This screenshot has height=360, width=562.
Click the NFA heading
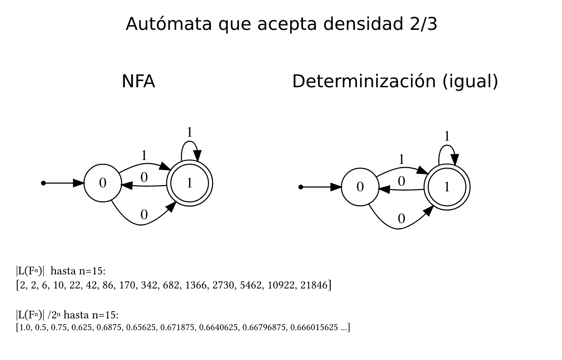point(138,81)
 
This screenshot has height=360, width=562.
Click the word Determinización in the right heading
point(364,81)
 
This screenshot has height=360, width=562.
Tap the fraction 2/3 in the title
point(421,24)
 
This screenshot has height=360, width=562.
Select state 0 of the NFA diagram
point(103,183)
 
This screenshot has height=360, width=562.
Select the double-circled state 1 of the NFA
point(189,183)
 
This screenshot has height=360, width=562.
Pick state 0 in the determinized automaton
point(360,187)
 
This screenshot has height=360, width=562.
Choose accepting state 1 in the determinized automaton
point(447,187)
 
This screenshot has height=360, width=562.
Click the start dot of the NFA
point(44,183)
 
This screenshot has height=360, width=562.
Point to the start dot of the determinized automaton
point(301,187)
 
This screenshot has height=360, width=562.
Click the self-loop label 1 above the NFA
point(189,133)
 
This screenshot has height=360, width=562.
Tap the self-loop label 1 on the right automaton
point(447,137)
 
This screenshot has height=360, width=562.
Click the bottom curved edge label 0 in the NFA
point(144,215)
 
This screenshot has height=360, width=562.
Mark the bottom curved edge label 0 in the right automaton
point(401,219)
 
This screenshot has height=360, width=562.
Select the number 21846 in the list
point(314,285)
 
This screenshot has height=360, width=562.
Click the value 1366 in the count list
point(198,285)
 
